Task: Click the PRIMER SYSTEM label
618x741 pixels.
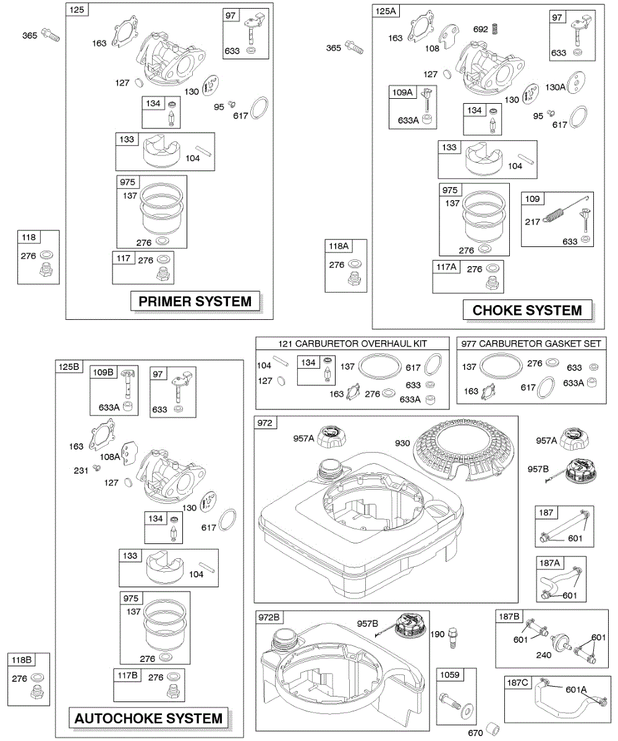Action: pyautogui.click(x=195, y=301)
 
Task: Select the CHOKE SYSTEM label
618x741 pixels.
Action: pyautogui.click(x=527, y=310)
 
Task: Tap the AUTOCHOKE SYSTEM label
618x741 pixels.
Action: pyautogui.click(x=148, y=718)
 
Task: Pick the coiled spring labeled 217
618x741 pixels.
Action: pyautogui.click(x=554, y=217)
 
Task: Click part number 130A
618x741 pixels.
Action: pyautogui.click(x=554, y=87)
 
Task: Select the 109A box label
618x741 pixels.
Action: pyautogui.click(x=401, y=93)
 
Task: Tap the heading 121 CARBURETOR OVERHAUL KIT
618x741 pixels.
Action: pyautogui.click(x=353, y=343)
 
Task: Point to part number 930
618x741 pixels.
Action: pyautogui.click(x=403, y=442)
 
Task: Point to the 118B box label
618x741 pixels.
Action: pyautogui.click(x=20, y=660)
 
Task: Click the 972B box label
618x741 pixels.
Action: pyautogui.click(x=269, y=617)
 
